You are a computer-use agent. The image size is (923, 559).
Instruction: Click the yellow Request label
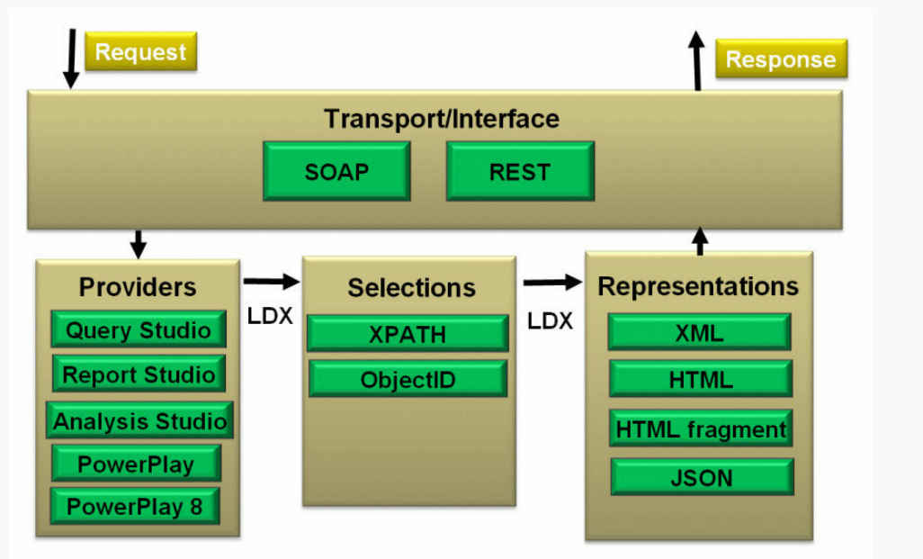click(140, 52)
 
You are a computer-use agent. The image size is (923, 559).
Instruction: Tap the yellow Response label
click(781, 59)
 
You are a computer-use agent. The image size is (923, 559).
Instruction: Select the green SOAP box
click(336, 171)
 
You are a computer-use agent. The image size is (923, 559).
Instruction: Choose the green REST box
click(520, 171)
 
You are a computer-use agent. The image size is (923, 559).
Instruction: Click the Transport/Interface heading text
click(442, 119)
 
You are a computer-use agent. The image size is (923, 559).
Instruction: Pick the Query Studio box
click(139, 329)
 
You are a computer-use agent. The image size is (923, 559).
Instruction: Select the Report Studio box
click(139, 374)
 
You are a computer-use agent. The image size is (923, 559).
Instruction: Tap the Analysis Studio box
click(140, 420)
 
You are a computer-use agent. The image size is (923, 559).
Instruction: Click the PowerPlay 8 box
click(135, 507)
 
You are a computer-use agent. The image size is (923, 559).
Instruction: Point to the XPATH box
click(408, 334)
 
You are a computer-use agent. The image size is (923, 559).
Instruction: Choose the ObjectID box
click(408, 379)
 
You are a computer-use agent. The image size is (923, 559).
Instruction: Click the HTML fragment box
click(701, 428)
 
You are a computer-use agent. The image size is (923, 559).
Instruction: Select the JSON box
click(702, 478)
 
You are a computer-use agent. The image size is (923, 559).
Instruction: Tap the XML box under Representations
click(699, 333)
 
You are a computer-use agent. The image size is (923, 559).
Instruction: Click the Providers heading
click(138, 287)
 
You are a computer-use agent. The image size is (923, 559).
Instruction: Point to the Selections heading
click(411, 288)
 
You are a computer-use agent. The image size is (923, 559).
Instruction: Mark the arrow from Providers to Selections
click(272, 282)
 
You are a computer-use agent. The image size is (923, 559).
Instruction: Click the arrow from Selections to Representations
click(552, 283)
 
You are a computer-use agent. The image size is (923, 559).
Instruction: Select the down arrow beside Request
click(71, 59)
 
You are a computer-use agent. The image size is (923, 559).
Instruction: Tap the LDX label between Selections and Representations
click(550, 321)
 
